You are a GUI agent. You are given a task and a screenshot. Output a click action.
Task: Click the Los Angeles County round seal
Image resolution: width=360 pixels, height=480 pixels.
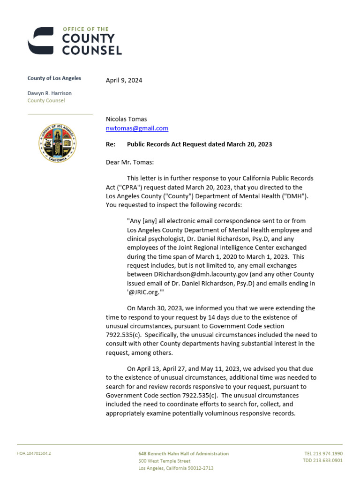pyautogui.click(x=58, y=143)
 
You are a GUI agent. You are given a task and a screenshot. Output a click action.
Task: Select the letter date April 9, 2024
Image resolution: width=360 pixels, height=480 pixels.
pyautogui.click(x=124, y=80)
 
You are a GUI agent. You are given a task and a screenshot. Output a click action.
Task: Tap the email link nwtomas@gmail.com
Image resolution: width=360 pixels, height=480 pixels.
pyautogui.click(x=137, y=128)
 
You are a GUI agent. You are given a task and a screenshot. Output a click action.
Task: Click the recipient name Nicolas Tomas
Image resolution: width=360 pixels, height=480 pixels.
pyautogui.click(x=126, y=119)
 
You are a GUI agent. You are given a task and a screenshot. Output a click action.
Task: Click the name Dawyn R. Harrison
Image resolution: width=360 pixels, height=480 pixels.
pyautogui.click(x=49, y=93)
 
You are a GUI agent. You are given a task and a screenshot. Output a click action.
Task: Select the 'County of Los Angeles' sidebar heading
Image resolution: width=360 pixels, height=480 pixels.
pyautogui.click(x=54, y=78)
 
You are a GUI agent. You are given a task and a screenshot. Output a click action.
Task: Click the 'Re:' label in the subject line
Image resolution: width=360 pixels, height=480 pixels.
pyautogui.click(x=111, y=144)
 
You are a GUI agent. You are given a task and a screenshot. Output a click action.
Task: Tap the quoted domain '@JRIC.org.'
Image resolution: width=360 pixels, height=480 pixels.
pyautogui.click(x=145, y=292)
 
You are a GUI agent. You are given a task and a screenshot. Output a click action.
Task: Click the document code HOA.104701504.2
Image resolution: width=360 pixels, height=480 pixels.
pyautogui.click(x=34, y=454)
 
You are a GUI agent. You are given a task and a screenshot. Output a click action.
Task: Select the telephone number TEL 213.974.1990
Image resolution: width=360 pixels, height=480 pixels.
pyautogui.click(x=323, y=454)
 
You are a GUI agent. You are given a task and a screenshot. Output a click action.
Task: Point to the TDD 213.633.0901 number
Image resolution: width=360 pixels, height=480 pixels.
pyautogui.click(x=322, y=461)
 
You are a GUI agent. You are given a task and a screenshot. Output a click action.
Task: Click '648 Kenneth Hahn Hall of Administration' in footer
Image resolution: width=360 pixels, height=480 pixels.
pyautogui.click(x=183, y=454)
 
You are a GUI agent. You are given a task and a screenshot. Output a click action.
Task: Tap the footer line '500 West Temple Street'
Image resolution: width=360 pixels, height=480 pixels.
pyautogui.click(x=164, y=461)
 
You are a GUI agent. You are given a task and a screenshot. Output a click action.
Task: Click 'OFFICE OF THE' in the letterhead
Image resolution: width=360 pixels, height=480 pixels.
pyautogui.click(x=85, y=30)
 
